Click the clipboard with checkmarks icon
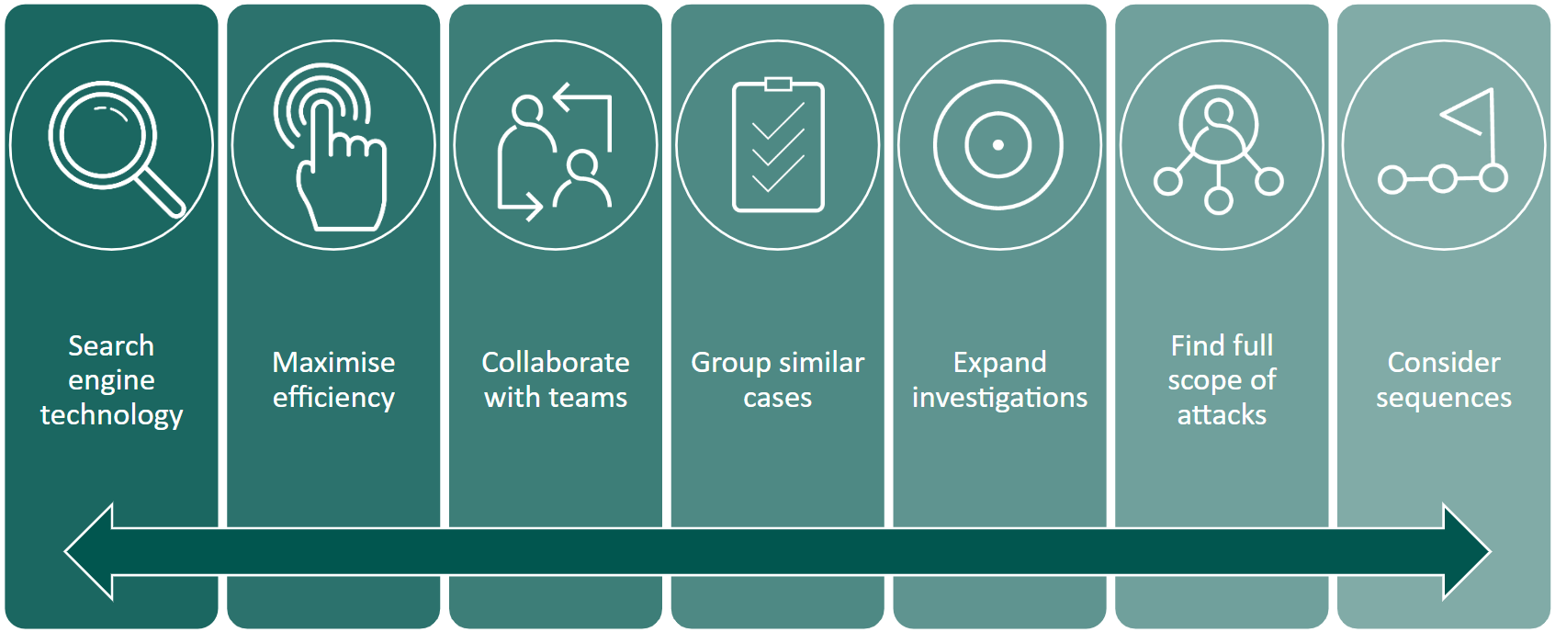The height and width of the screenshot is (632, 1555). (x=778, y=147)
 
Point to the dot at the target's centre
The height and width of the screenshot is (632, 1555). (x=998, y=145)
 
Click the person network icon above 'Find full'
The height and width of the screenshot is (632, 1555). (x=1219, y=147)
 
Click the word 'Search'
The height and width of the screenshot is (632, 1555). (x=111, y=345)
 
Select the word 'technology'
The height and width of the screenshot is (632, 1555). (x=111, y=415)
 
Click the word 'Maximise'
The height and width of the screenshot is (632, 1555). (x=333, y=362)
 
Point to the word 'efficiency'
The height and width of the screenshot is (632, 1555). (x=333, y=398)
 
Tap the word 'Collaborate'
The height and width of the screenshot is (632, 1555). (x=556, y=362)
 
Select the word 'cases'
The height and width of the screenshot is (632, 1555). (x=778, y=398)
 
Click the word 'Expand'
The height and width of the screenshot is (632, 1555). (x=999, y=363)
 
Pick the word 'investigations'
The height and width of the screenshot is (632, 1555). (x=999, y=398)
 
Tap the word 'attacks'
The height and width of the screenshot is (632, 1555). (x=1222, y=415)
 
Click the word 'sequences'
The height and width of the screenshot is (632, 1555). (x=1443, y=398)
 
